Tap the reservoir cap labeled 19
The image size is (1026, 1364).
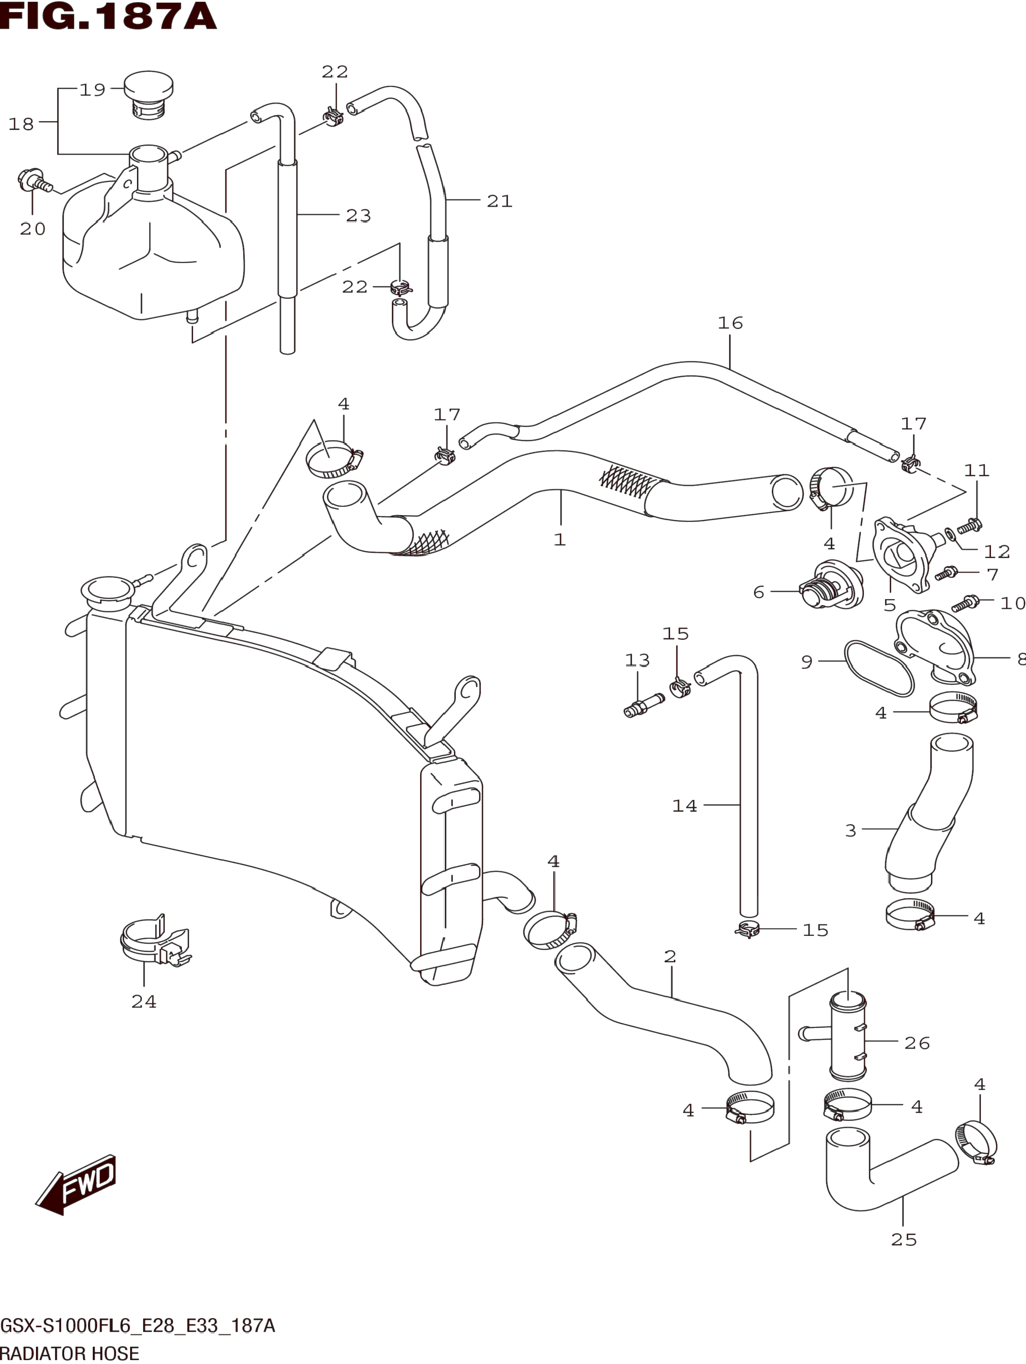[148, 96]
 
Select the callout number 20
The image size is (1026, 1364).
[33, 229]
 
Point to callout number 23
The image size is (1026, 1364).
[358, 215]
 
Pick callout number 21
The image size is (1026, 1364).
[500, 201]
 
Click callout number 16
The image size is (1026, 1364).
[730, 323]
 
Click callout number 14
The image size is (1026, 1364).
[684, 806]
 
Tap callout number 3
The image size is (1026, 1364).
[850, 831]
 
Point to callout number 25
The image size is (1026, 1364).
[904, 1240]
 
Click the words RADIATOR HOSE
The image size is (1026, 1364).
[70, 1353]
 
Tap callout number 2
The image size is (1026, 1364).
[670, 957]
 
